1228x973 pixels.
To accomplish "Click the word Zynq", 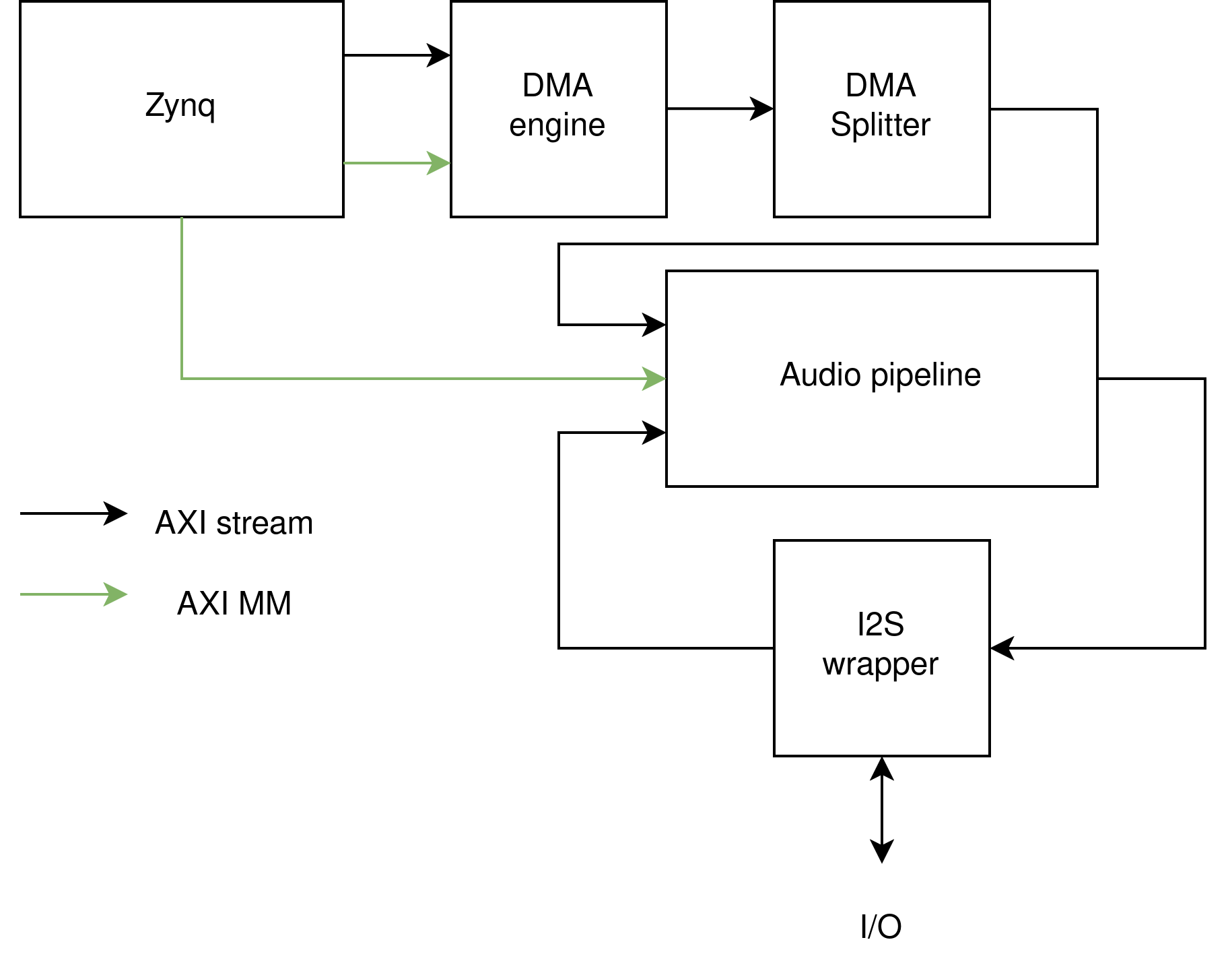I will [x=180, y=106].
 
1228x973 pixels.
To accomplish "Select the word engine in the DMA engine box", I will [x=557, y=125].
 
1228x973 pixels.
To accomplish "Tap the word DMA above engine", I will [x=557, y=86].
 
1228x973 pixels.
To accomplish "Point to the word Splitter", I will [x=880, y=125].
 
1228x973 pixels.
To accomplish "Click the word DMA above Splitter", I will [x=880, y=86].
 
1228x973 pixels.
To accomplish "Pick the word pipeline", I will [x=926, y=375].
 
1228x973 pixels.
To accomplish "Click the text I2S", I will [x=880, y=625].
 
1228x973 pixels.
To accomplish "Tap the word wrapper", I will [x=880, y=665].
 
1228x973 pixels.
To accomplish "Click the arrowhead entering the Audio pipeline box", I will [x=654, y=379].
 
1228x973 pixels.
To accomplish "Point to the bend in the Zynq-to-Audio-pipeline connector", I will [x=182, y=379].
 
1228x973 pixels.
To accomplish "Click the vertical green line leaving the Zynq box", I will [x=182, y=296].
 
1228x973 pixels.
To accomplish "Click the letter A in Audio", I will [x=792, y=375].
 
